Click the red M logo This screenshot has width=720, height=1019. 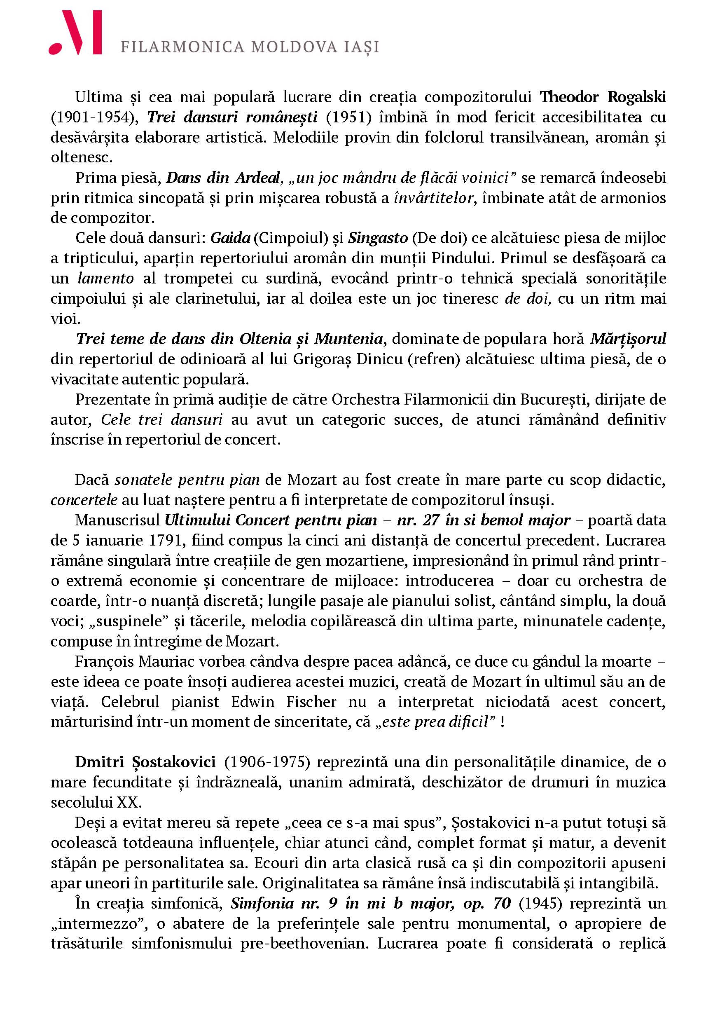pos(75,33)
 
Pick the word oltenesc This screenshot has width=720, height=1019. pos(81,157)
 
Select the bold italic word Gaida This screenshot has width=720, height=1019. pos(230,238)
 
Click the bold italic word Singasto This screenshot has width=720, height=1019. pos(378,238)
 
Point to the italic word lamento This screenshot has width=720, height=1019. pos(105,279)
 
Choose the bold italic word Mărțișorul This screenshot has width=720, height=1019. pos(628,339)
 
